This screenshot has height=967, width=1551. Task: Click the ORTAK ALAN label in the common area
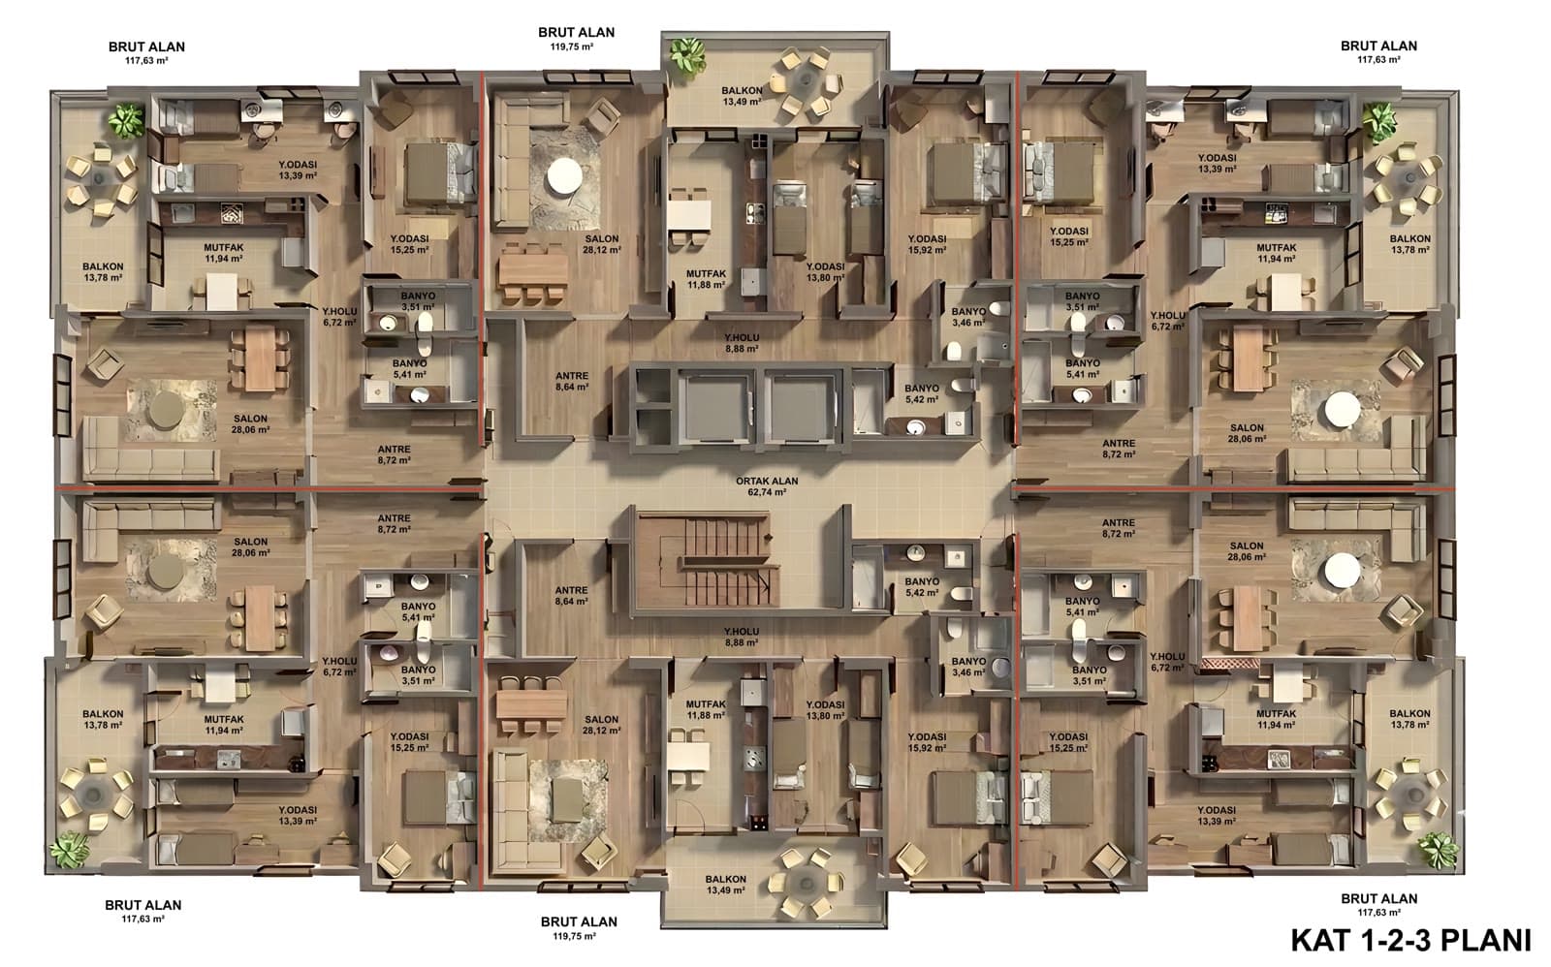pos(767,481)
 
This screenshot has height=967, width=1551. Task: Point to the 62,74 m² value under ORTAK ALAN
pos(767,492)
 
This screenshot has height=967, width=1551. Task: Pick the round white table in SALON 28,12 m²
pos(564,175)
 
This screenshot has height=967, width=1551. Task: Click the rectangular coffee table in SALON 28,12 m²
pos(568,801)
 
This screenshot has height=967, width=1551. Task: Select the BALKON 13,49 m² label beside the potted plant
pos(742,96)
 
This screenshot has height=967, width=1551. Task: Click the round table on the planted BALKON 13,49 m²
pos(805,81)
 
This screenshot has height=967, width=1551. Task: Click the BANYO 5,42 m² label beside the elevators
pos(922,393)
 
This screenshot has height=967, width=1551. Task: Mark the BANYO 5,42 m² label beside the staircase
pos(922,587)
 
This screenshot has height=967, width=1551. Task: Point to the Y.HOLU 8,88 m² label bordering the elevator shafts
pos(742,343)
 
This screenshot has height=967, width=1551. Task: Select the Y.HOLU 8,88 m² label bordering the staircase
pos(741,637)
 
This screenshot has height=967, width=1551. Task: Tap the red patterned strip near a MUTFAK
pos(1230,663)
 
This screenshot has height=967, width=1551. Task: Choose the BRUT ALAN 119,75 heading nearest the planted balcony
pos(576,38)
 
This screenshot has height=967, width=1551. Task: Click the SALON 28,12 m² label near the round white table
pos(601,243)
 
